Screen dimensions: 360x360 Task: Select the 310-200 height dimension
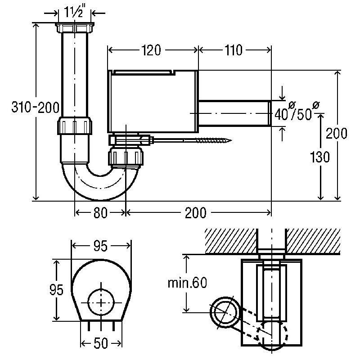[36, 107]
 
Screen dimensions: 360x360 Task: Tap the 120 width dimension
[151, 50]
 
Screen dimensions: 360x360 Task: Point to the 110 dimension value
[233, 50]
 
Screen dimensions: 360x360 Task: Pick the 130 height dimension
[319, 157]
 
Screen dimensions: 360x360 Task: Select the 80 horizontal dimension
[100, 212]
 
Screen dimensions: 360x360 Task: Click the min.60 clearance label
[187, 283]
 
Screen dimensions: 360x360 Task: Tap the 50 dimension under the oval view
[101, 343]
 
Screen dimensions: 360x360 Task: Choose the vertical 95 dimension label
[56, 290]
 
